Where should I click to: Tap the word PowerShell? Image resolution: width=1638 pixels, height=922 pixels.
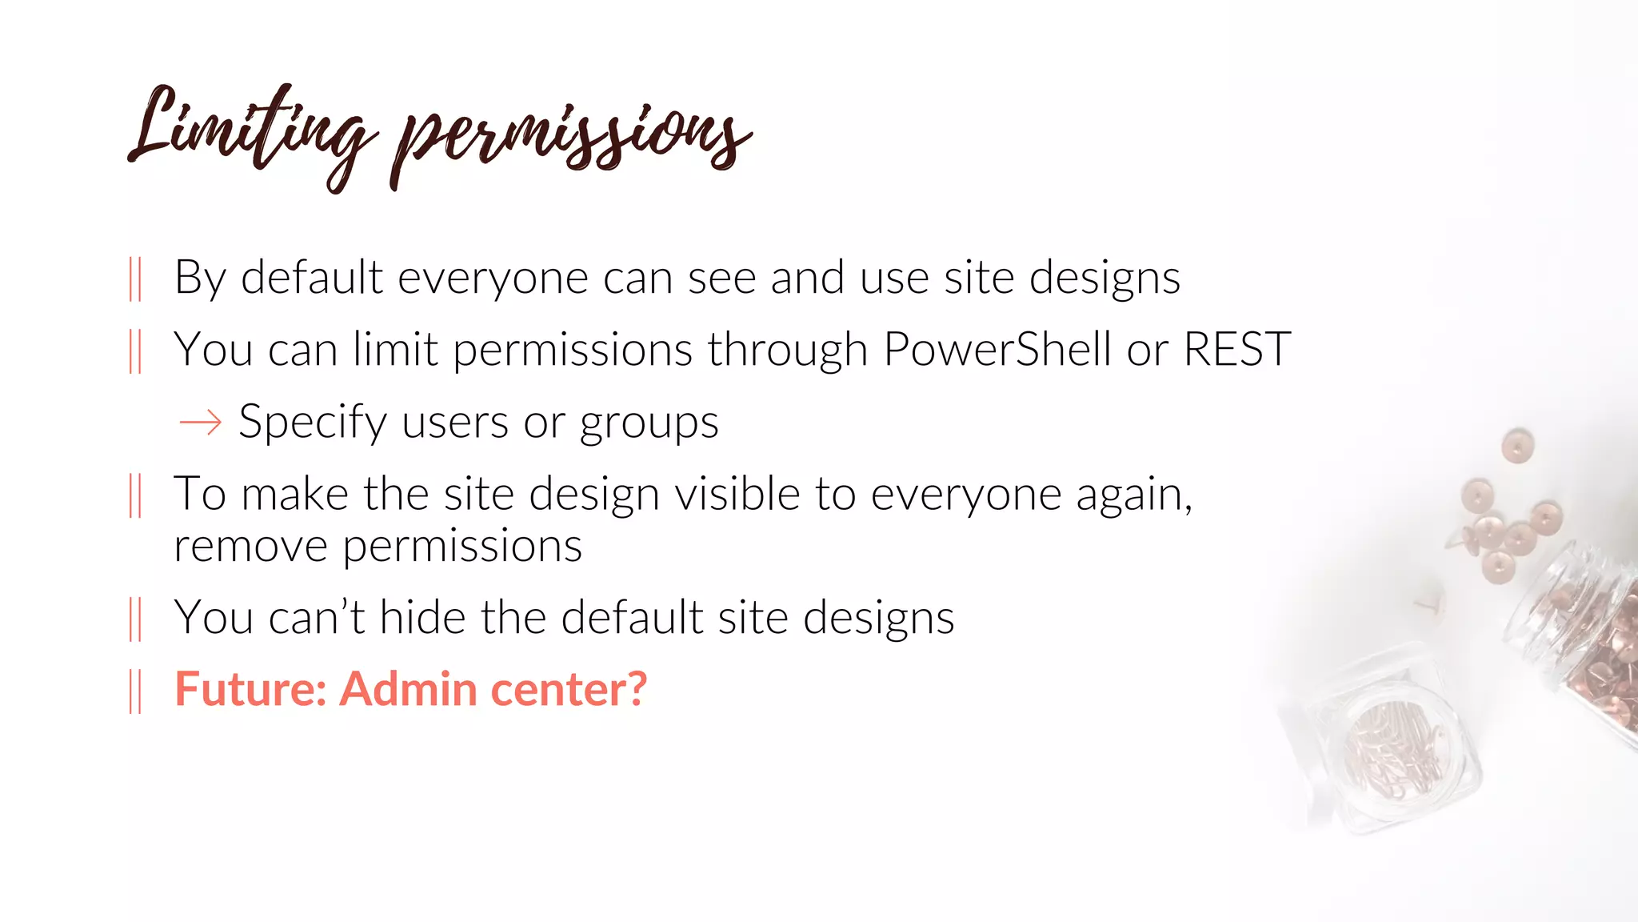coord(997,350)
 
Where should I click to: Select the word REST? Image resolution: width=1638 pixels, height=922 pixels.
coord(1236,350)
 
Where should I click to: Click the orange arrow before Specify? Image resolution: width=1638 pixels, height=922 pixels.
coord(200,422)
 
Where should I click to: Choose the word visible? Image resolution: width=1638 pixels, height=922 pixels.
coord(737,494)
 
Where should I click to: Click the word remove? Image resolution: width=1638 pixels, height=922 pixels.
coord(250,547)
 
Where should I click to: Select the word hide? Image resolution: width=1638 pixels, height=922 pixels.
coord(422,618)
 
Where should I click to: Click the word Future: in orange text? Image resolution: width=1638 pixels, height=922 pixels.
coord(250,689)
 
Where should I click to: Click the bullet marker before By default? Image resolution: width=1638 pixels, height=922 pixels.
coord(135,279)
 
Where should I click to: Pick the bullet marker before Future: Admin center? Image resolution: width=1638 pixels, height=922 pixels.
coord(135,691)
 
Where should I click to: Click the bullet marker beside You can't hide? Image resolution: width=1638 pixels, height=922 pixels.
coord(135,619)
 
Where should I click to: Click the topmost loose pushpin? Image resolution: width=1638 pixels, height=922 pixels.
coord(1516,445)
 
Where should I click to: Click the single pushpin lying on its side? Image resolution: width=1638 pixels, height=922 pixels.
coord(1428,604)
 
